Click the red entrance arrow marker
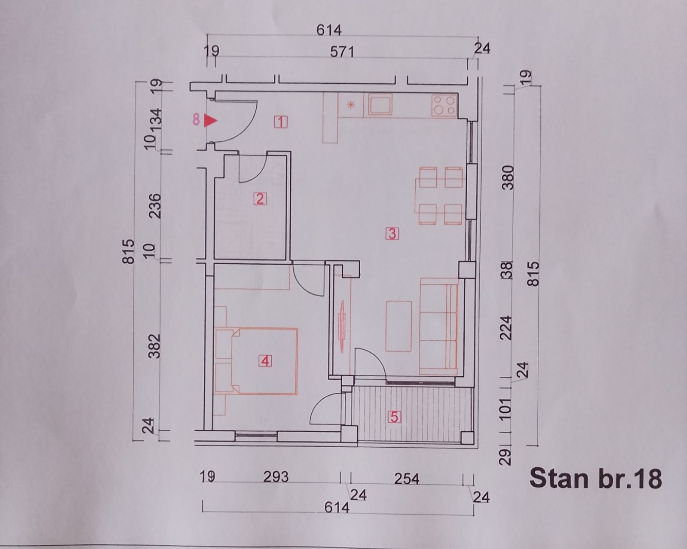point(210,121)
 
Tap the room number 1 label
point(281,122)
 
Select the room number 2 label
point(260,199)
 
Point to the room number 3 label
point(392,233)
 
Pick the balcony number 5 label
point(394,417)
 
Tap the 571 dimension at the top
point(342,52)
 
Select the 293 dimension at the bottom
point(276,477)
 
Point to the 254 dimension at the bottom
point(407,479)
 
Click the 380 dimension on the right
point(508,177)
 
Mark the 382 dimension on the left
point(155,346)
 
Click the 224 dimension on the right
point(507,328)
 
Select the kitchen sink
point(380,104)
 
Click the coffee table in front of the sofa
point(399,326)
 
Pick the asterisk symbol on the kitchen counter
point(351,105)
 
